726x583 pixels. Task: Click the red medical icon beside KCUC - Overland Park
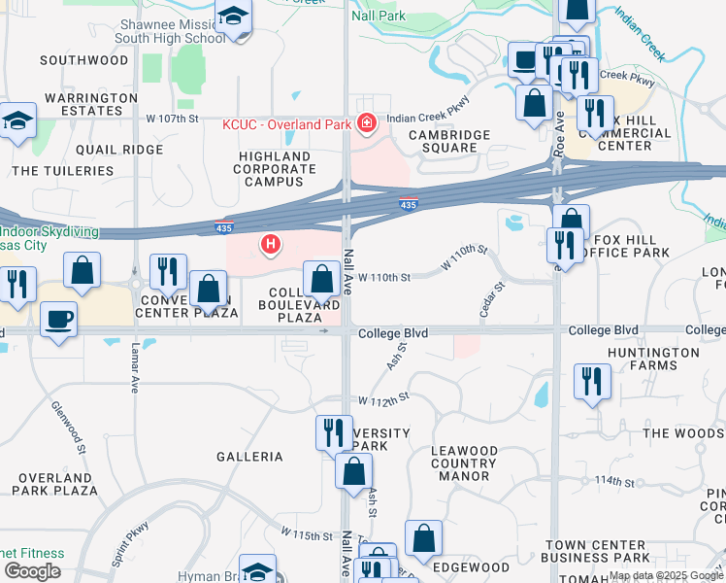(x=367, y=123)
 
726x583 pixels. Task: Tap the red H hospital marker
(x=272, y=243)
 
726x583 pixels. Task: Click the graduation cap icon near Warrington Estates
(x=17, y=122)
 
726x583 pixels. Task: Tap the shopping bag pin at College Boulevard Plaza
(x=321, y=280)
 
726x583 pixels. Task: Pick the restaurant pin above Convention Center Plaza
(x=168, y=273)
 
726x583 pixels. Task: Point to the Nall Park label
(x=406, y=17)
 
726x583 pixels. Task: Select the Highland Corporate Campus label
(x=275, y=169)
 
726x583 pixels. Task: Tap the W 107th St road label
(x=172, y=119)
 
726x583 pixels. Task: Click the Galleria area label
(x=249, y=456)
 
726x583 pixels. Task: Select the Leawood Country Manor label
(x=455, y=463)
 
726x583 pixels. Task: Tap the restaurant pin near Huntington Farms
(x=591, y=381)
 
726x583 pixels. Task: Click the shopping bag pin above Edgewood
(x=423, y=538)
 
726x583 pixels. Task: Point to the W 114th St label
(x=621, y=481)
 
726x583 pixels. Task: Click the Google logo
(x=32, y=571)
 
